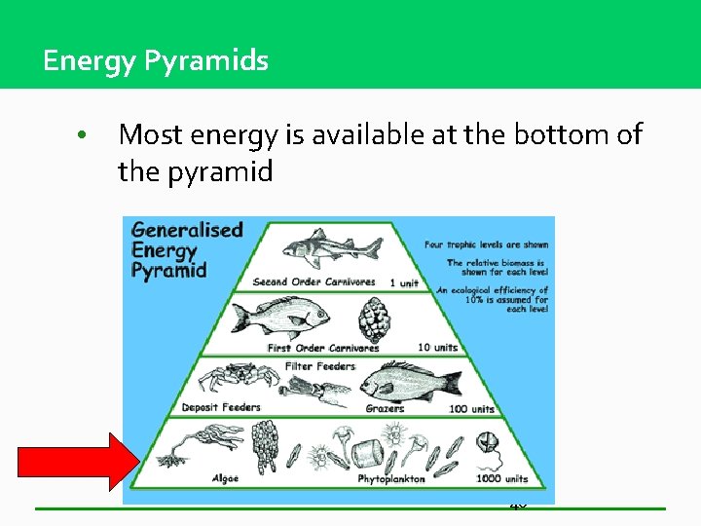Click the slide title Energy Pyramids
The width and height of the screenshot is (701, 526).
(x=156, y=61)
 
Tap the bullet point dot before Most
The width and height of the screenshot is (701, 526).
(x=86, y=135)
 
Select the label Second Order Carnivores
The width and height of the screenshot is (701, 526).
(x=314, y=282)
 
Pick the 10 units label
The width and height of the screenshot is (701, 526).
(x=437, y=348)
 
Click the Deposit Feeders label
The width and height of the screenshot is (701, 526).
(x=221, y=407)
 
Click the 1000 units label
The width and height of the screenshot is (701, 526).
(x=502, y=478)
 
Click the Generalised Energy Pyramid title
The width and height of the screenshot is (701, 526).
(x=186, y=249)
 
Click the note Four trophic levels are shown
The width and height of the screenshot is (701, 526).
(x=487, y=245)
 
